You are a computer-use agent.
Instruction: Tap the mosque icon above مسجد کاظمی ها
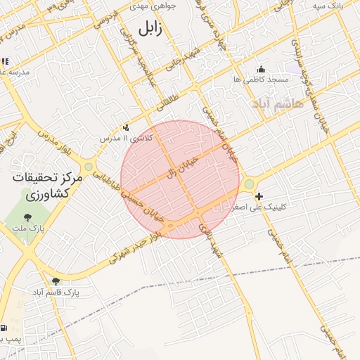pyautogui.click(x=262, y=69)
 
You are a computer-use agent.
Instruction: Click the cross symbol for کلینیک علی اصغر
pyautogui.click(x=259, y=196)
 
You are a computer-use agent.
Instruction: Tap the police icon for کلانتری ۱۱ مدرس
pyautogui.click(x=126, y=127)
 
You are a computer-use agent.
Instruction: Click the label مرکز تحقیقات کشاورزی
pyautogui.click(x=48, y=186)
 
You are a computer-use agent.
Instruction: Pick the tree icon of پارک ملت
pyautogui.click(x=27, y=217)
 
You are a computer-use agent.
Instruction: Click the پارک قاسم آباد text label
pyautogui.click(x=56, y=292)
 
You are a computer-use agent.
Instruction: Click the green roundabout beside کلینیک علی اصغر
pyautogui.click(x=249, y=184)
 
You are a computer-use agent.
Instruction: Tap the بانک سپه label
pyautogui.click(x=328, y=6)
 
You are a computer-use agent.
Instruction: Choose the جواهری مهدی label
pyautogui.click(x=154, y=6)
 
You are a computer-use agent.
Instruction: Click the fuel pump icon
pyautogui.click(x=4, y=328)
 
